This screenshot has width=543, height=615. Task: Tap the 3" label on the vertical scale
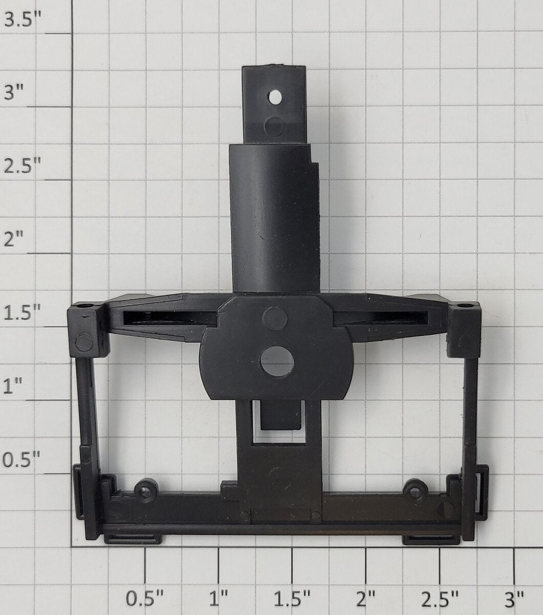14,92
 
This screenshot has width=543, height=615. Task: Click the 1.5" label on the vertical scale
22,312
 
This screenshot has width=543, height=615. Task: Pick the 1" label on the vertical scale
13,386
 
